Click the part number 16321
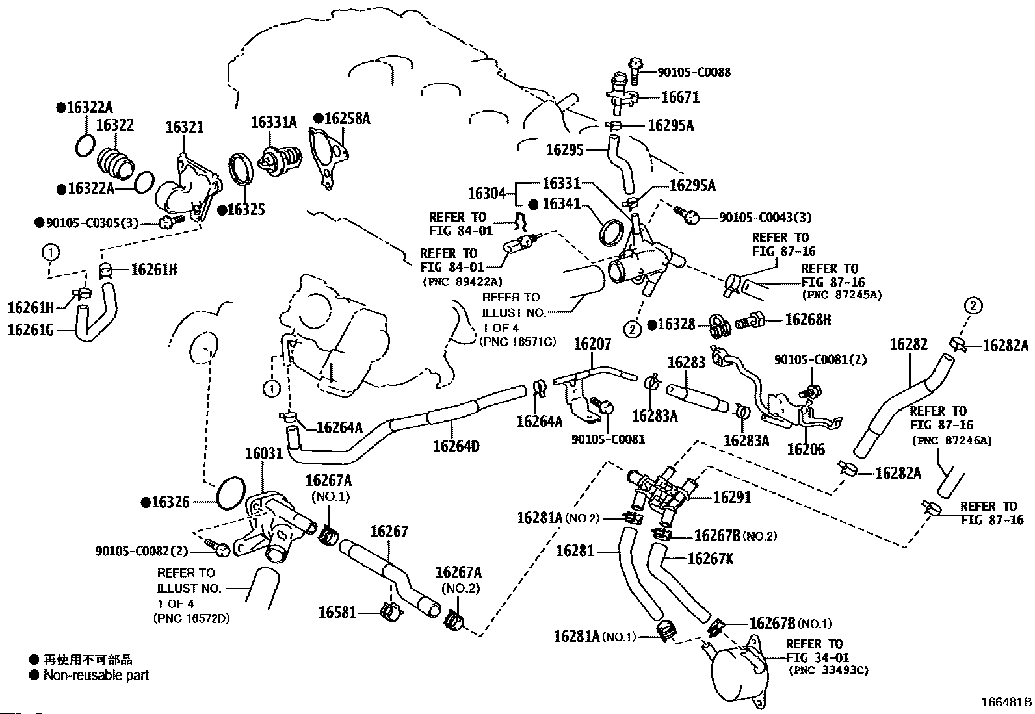184,127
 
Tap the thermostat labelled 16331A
280,160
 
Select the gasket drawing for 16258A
328,159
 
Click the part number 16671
680,97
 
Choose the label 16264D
456,446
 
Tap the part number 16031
264,453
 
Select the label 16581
337,612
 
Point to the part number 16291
732,498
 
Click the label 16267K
711,558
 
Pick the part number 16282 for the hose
908,344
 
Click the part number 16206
806,449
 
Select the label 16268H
808,319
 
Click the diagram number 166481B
1006,702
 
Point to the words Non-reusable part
96,675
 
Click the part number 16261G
31,329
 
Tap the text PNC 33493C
828,670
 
